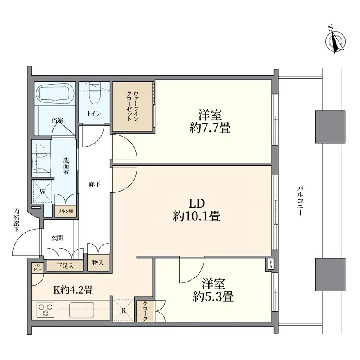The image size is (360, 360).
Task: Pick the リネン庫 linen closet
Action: [65, 211]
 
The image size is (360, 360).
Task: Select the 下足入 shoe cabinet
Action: [65, 265]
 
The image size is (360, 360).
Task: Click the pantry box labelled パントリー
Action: [37, 267]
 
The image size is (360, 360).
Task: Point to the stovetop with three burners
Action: [46, 309]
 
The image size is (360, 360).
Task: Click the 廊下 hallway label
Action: [95, 185]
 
